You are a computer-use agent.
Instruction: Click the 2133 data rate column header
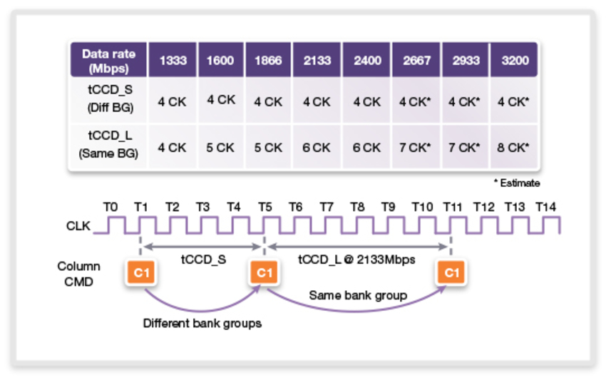[x=317, y=61]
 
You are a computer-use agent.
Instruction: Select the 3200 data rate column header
[x=514, y=61]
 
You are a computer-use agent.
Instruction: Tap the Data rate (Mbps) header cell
[x=109, y=61]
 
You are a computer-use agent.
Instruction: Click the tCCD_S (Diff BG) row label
[x=109, y=102]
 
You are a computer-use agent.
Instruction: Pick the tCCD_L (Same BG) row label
[x=109, y=148]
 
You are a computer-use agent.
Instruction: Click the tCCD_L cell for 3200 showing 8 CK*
[x=514, y=148]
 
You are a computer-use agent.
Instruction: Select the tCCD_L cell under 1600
[x=220, y=148]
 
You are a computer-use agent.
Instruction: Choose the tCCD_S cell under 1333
[x=172, y=102]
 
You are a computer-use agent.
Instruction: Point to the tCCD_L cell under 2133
[x=317, y=148]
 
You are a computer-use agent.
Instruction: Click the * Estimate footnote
[x=516, y=183]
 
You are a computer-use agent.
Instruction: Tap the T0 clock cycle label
[x=110, y=207]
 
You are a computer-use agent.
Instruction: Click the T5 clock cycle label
[x=265, y=207]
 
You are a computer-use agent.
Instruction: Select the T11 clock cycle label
[x=451, y=207]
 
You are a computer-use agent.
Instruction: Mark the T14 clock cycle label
[x=545, y=207]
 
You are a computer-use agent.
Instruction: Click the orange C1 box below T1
[x=140, y=272]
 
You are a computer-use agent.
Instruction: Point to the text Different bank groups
[x=202, y=323]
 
